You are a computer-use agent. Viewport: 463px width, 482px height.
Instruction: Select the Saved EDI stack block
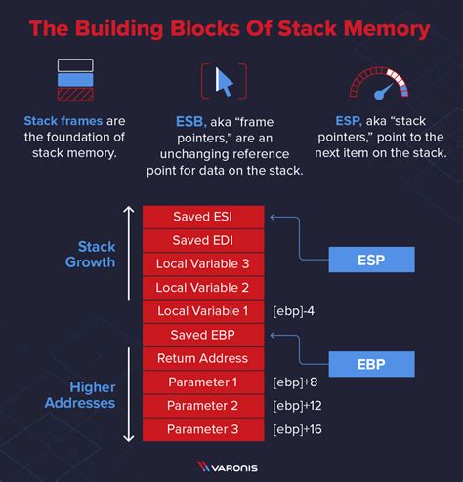coord(203,240)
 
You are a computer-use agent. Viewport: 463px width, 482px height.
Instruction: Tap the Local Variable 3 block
coord(203,263)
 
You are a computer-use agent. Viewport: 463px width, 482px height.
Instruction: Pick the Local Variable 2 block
coord(203,287)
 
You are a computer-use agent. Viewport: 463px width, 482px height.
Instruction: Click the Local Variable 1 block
coord(203,311)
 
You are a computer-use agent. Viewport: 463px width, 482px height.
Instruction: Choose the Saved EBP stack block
coord(203,335)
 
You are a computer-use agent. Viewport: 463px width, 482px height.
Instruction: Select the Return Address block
coord(203,358)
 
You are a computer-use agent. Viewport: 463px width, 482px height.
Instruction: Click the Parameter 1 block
coord(203,382)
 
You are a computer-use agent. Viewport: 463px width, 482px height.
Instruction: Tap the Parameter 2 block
coord(203,405)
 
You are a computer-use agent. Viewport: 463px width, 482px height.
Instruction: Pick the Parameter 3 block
coord(203,429)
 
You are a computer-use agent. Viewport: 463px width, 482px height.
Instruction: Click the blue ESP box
coord(370,260)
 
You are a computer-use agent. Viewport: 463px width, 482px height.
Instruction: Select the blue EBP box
coord(370,363)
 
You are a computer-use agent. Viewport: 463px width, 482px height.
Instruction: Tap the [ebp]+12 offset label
coord(300,405)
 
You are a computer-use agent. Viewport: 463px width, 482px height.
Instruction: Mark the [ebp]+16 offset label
coord(300,429)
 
